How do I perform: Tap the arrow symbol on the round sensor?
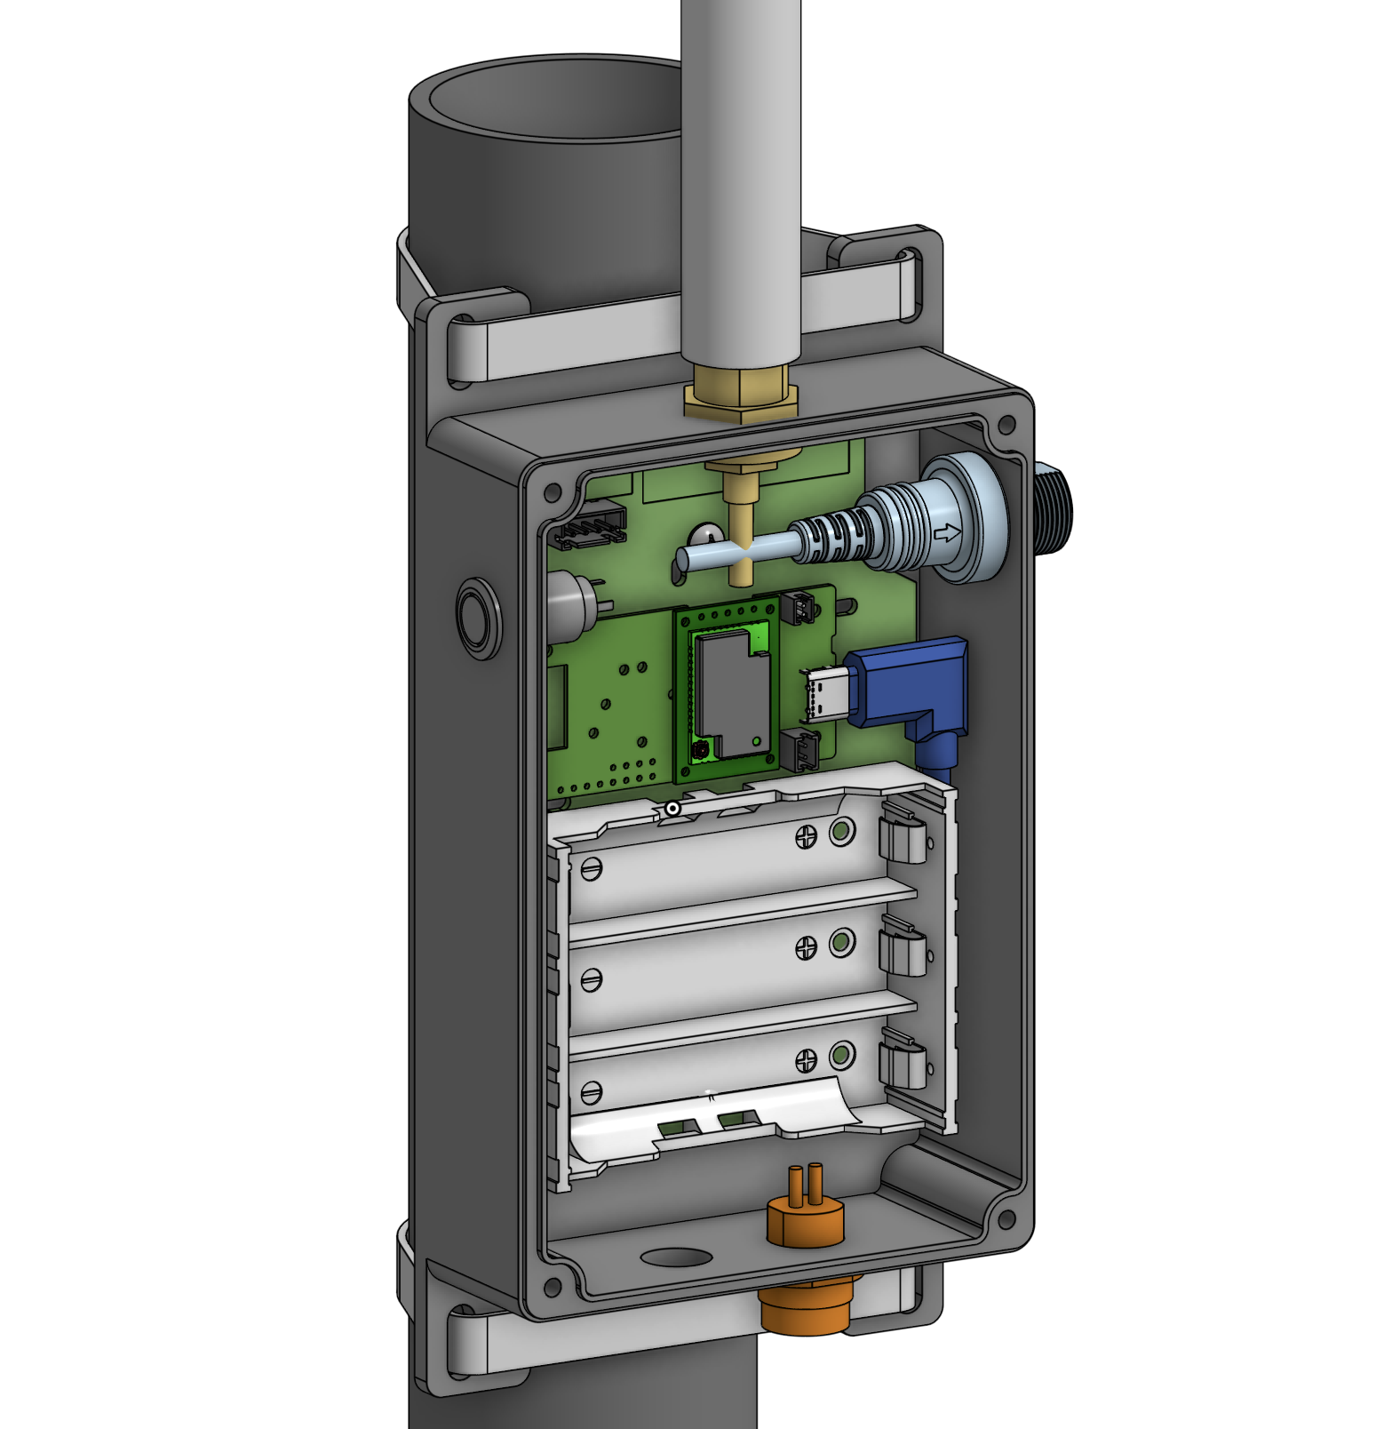point(948,534)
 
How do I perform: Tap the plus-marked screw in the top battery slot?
point(806,836)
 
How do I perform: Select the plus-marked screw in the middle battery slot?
point(806,948)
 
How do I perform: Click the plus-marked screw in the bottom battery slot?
point(806,1059)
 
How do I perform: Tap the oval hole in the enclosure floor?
point(676,1257)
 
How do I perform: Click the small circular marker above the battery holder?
point(673,809)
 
